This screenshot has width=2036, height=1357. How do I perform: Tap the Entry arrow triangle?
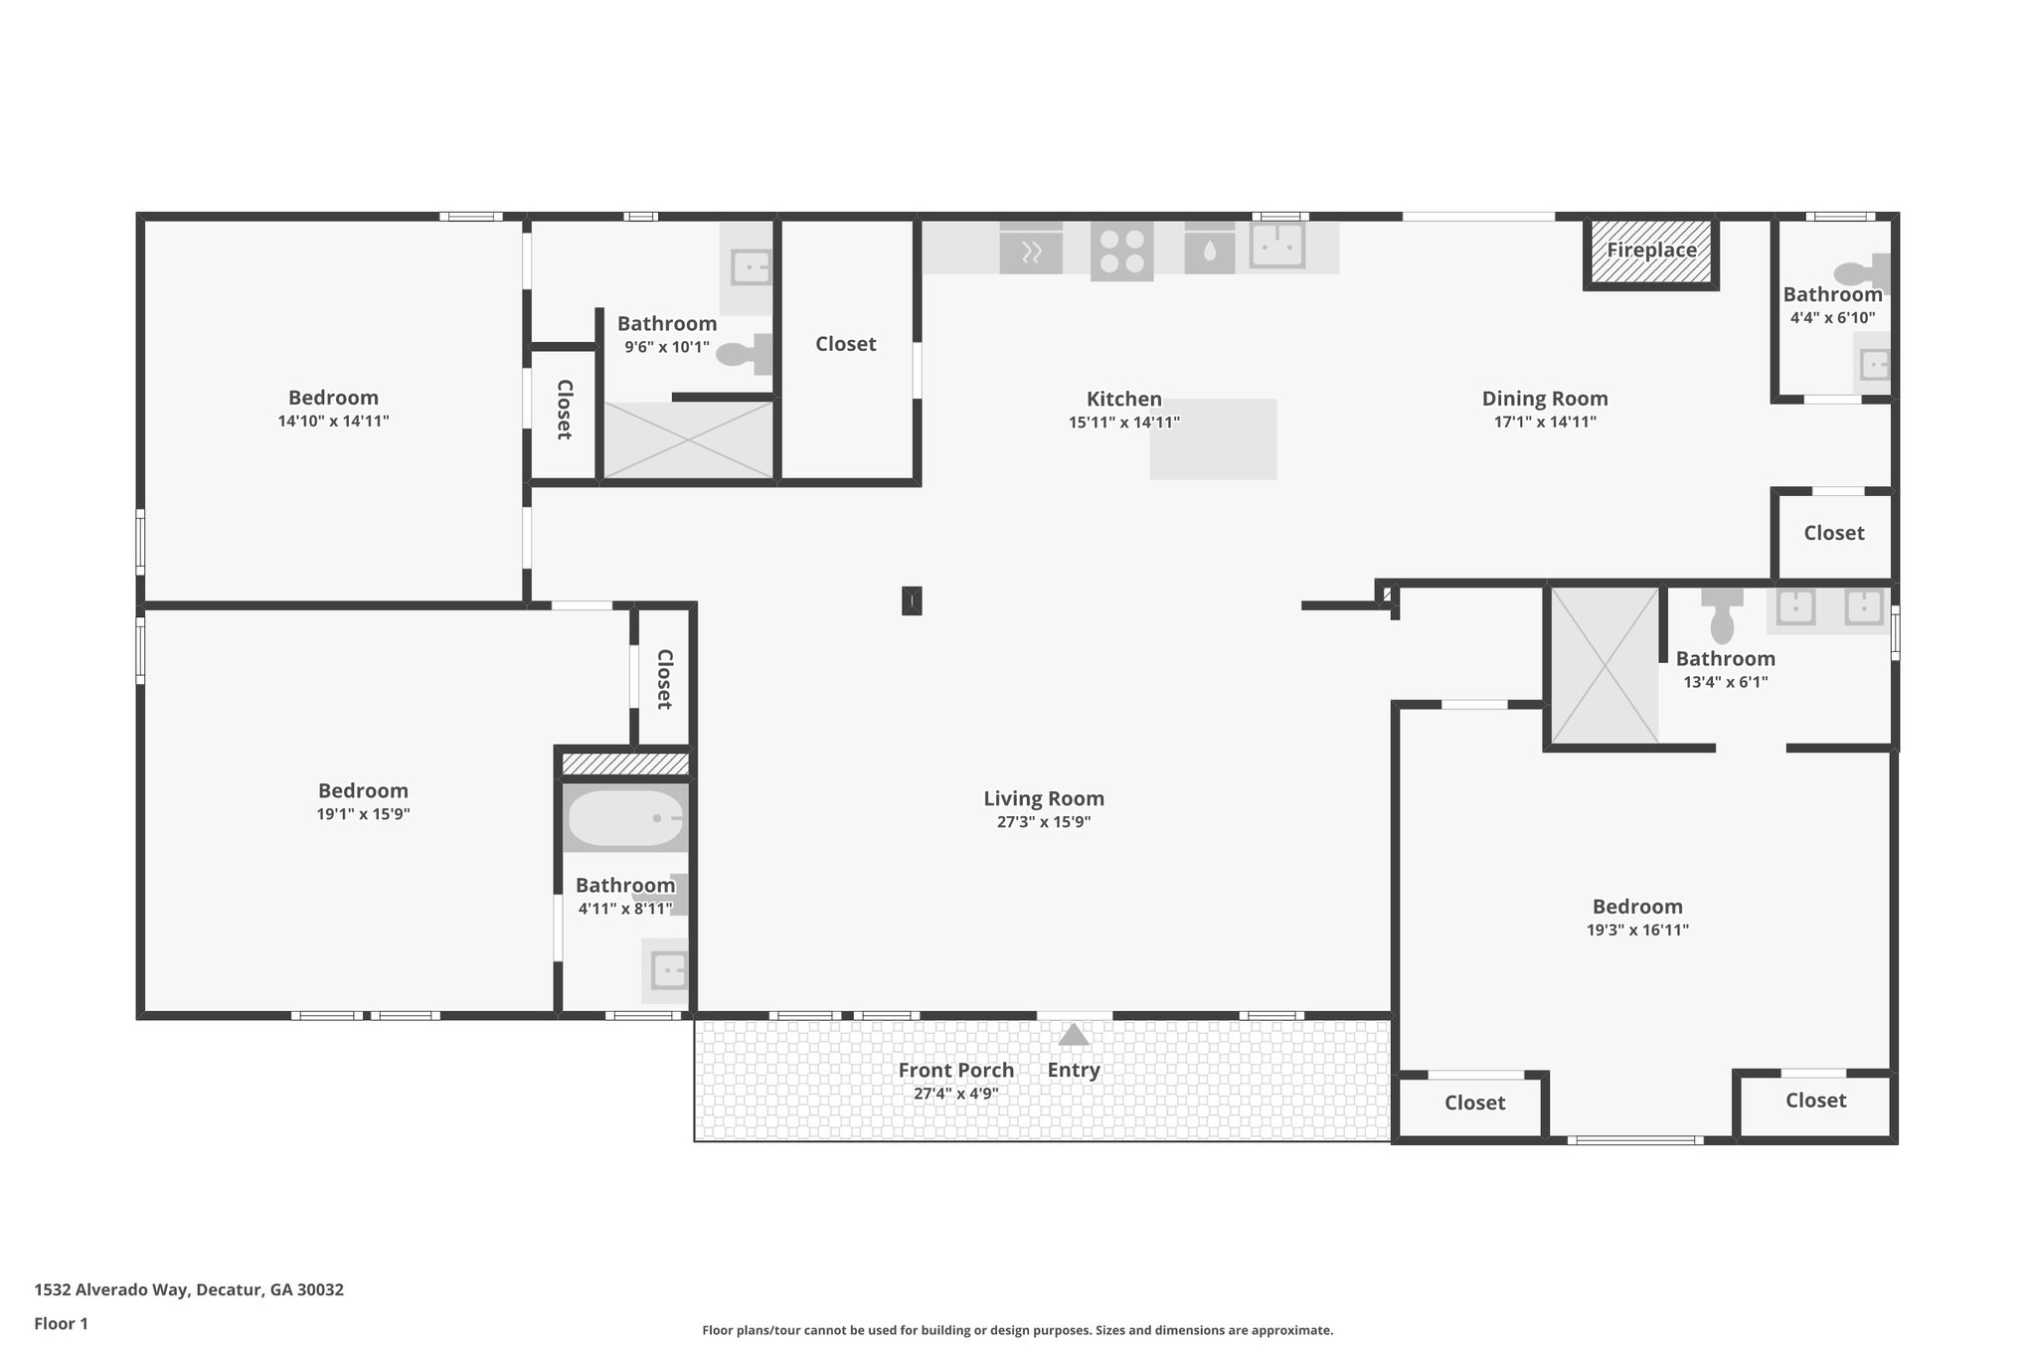tap(1074, 1036)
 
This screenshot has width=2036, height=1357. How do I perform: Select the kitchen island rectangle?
tap(1213, 438)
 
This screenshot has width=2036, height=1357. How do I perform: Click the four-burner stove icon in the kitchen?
tap(1122, 250)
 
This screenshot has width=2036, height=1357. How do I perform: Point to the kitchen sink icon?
tap(1276, 246)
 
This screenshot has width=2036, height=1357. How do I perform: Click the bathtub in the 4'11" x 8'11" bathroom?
tap(625, 817)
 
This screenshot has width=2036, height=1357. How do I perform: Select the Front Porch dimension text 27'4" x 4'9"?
tap(955, 1094)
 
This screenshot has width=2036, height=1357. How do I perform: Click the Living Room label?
tap(1044, 798)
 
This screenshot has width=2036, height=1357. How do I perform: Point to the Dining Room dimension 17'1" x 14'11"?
tap(1545, 422)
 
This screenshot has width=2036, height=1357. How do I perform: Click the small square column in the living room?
tap(912, 600)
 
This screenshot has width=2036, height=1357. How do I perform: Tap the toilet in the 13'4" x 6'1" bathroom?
tap(1722, 616)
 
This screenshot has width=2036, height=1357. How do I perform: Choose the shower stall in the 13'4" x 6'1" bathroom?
tap(1605, 665)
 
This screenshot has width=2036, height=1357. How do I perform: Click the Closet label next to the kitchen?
tap(845, 344)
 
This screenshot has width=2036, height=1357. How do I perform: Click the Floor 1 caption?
tap(61, 1323)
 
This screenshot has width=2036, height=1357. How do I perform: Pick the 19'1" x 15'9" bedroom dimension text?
tap(363, 814)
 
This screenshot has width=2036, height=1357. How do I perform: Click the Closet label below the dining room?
tap(1833, 533)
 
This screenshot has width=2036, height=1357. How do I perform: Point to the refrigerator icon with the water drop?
tap(1209, 250)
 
